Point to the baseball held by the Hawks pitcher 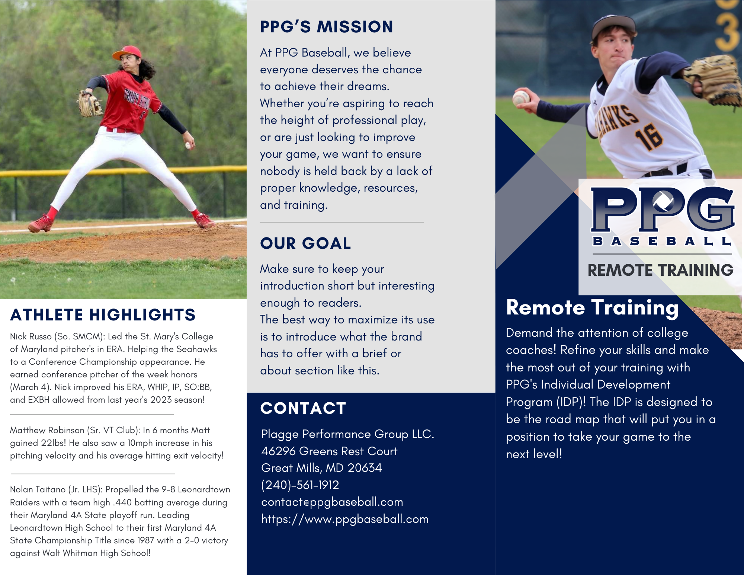(x=521, y=98)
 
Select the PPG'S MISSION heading (x=326, y=27)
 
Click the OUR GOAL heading (x=305, y=243)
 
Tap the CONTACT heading (x=303, y=408)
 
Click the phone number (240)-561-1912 (x=300, y=485)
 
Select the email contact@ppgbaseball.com (x=332, y=502)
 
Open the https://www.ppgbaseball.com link (x=345, y=519)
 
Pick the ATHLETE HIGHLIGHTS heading (x=103, y=315)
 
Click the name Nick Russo (x=31, y=336)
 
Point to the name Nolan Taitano (x=38, y=489)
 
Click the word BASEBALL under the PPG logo (x=662, y=241)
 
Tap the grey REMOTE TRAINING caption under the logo (x=660, y=270)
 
